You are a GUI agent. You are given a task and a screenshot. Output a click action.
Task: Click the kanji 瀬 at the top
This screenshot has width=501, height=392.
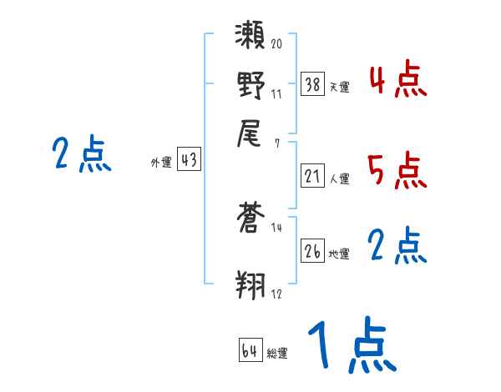(x=251, y=38)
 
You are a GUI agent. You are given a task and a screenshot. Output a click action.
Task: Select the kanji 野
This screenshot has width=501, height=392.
(x=251, y=85)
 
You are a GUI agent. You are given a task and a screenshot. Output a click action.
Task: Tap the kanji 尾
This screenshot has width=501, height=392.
(x=251, y=134)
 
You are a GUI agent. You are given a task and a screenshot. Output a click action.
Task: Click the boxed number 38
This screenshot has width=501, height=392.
(x=313, y=83)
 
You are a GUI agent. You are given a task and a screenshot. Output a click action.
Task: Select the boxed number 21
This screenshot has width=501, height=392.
(x=313, y=175)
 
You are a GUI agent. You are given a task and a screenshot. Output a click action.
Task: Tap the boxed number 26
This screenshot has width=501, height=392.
(x=313, y=251)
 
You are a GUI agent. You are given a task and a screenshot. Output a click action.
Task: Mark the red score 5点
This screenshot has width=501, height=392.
(x=397, y=170)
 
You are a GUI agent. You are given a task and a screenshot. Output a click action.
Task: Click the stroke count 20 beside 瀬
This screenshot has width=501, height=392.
(x=276, y=43)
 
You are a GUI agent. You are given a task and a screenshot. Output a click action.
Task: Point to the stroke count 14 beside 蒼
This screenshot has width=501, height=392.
(x=276, y=228)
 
